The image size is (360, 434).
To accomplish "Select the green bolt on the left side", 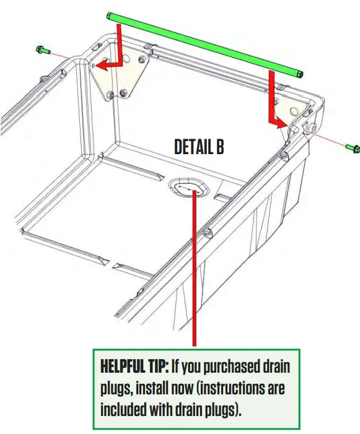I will point(43,49).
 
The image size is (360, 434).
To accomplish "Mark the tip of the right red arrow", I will point(287,124).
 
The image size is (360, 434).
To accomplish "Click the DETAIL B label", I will point(199,147).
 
